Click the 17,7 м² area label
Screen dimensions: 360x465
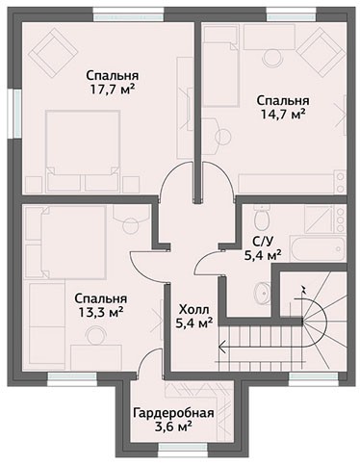click(112, 90)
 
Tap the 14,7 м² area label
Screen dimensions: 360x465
click(282, 115)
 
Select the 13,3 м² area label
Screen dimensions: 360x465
click(101, 312)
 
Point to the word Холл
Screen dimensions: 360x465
click(193, 310)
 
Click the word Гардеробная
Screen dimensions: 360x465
click(173, 413)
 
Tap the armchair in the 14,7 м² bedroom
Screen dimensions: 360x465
click(321, 52)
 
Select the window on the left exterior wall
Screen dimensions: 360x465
click(14, 113)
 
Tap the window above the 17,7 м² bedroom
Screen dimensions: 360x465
click(128, 15)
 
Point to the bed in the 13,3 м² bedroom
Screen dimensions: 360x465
click(73, 242)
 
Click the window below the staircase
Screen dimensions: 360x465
click(314, 378)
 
